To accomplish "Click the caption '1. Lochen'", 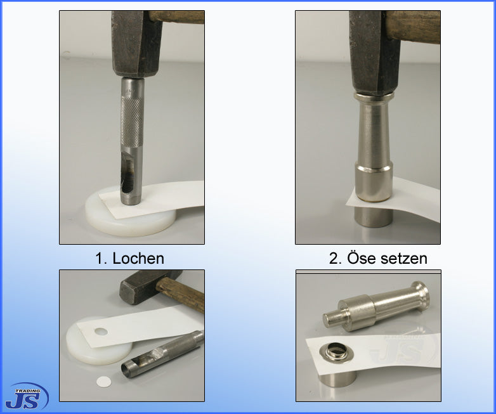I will click(x=129, y=258).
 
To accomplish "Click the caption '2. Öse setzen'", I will click(x=378, y=258).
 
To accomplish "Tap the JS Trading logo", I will click(x=27, y=396).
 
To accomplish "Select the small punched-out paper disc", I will click(x=103, y=382).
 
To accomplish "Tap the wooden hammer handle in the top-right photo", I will click(x=415, y=27).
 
